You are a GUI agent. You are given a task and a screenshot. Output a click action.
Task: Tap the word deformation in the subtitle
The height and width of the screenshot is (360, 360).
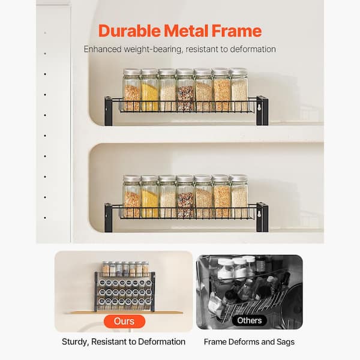251,49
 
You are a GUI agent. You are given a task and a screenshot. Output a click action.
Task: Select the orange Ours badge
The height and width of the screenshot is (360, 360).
124,321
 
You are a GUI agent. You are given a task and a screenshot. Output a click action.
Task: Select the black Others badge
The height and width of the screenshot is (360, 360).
249,321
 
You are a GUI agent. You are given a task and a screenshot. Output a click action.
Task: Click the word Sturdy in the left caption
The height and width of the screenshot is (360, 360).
76,342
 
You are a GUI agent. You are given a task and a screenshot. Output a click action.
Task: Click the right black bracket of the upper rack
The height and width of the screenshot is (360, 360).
262,111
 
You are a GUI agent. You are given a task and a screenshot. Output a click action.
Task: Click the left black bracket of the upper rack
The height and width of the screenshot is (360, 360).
109,111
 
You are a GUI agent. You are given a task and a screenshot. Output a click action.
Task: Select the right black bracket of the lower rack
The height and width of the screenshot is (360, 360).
262,217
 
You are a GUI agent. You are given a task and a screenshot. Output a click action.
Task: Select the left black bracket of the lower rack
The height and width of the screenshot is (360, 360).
109,217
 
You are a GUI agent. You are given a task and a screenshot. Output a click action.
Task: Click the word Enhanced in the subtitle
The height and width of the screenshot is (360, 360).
103,49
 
